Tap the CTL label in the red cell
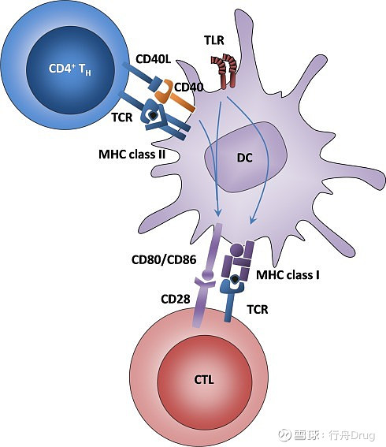coord(203,380)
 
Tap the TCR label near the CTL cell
coord(257,310)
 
